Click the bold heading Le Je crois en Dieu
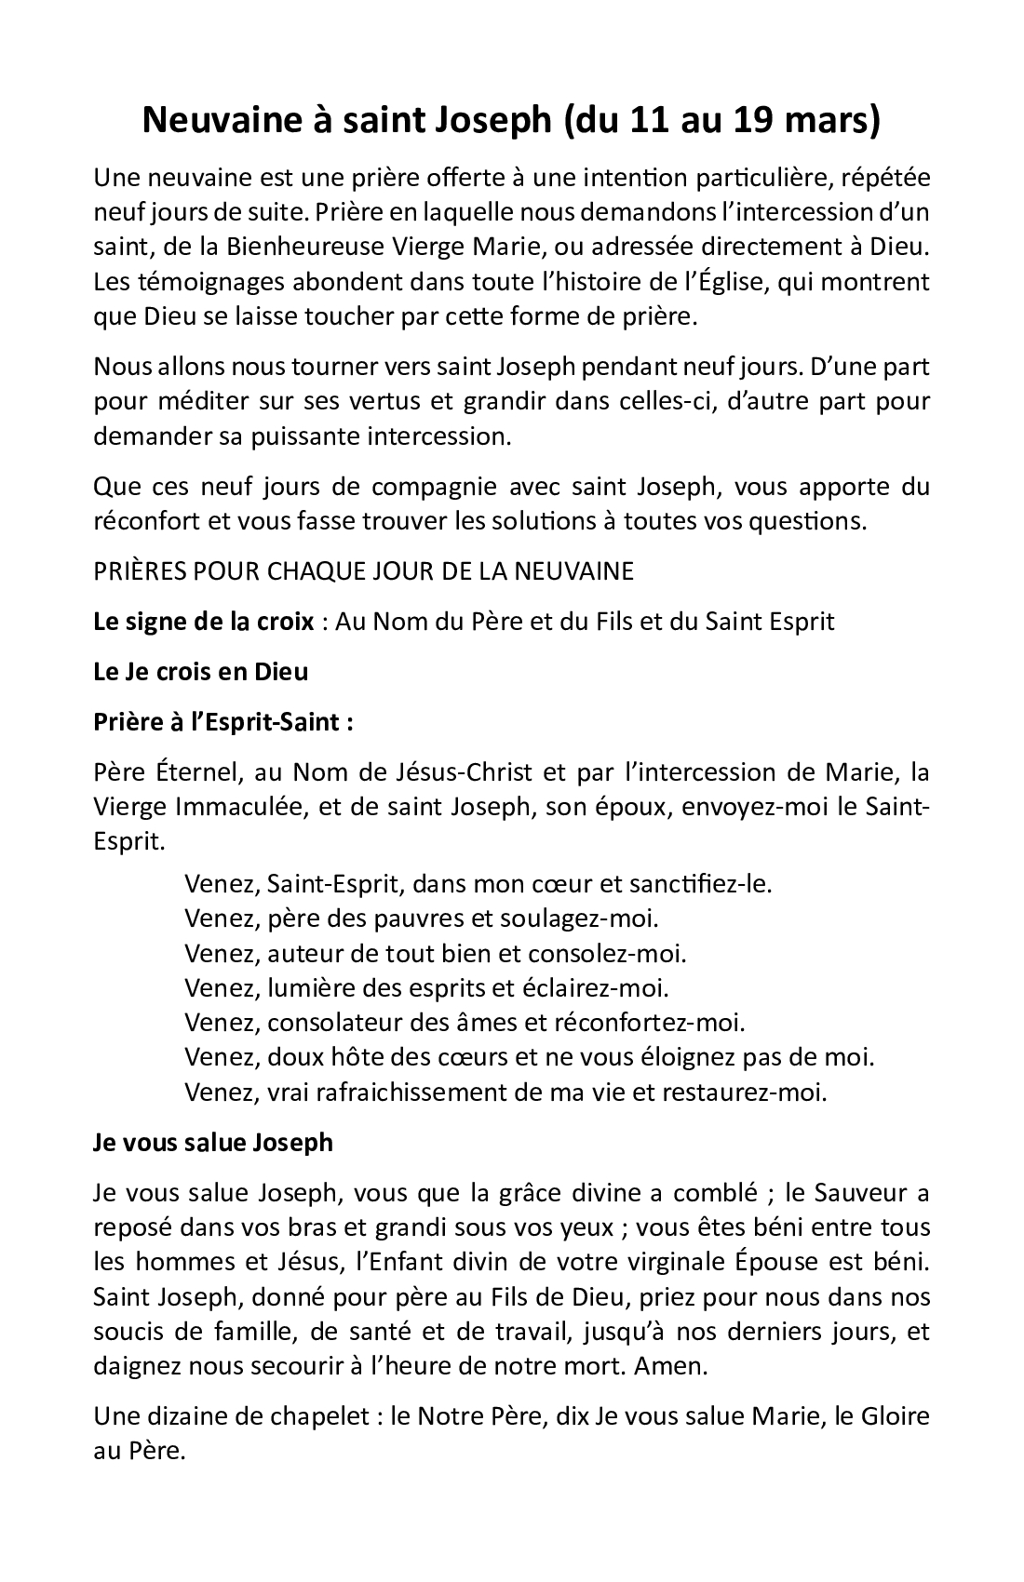pos(200,671)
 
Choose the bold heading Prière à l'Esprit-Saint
pos(223,722)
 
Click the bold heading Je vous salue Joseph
pos(213,1142)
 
